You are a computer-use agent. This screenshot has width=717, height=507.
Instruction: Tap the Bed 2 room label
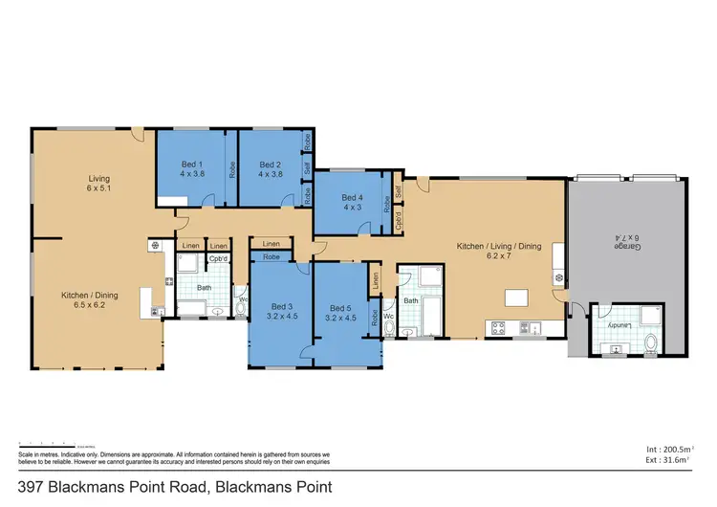click(271, 169)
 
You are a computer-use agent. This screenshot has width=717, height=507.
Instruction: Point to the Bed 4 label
click(352, 203)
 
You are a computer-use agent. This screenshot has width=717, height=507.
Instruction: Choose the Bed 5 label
click(340, 312)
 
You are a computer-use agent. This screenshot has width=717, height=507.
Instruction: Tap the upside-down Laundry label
click(617, 324)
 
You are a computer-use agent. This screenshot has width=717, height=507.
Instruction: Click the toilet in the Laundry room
click(652, 342)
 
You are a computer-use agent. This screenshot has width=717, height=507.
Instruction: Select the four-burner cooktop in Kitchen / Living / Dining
click(498, 327)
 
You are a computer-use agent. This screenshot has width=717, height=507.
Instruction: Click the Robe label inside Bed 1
click(231, 168)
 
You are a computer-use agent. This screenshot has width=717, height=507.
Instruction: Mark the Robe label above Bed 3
click(272, 257)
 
